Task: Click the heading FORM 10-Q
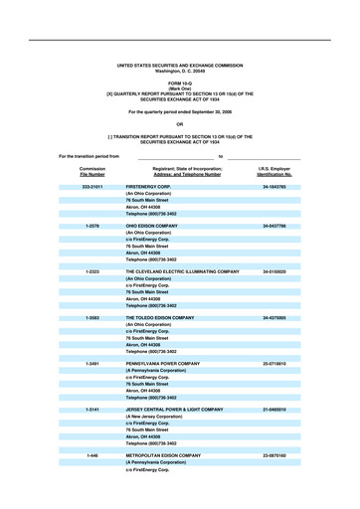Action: coord(180,82)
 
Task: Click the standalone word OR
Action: coord(180,123)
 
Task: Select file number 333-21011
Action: coord(92,186)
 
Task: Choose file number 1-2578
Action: coord(92,227)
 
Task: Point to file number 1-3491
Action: coord(92,363)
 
